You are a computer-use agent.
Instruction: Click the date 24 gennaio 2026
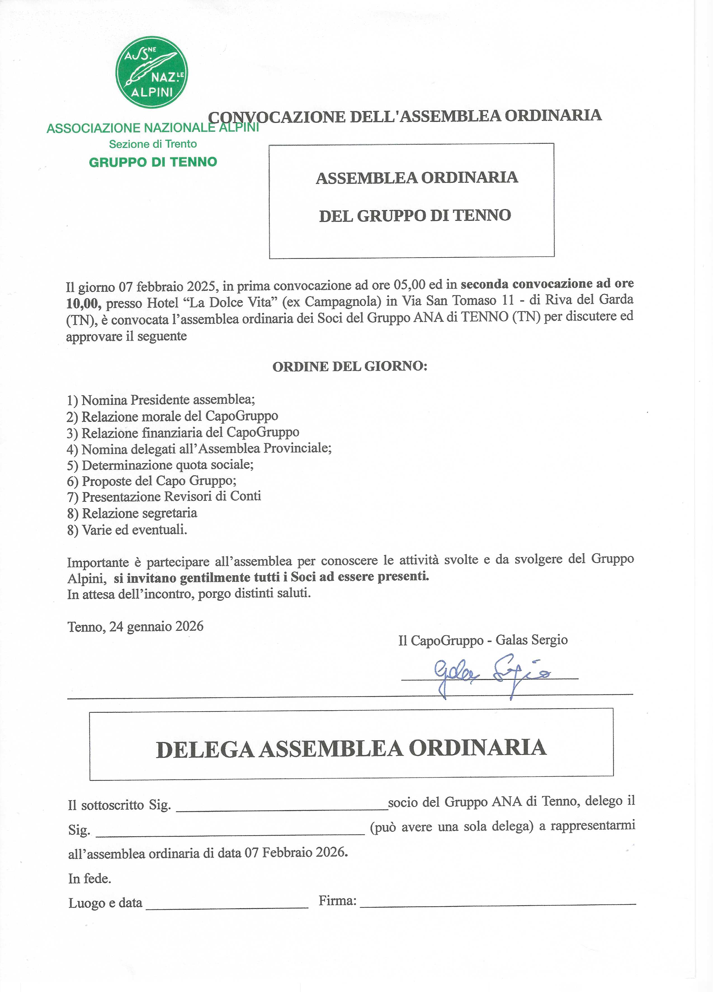click(x=156, y=626)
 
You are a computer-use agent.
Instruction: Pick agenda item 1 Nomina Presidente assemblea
click(x=161, y=400)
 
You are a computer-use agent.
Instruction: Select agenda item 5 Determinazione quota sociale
click(x=160, y=465)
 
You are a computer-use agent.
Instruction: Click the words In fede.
click(x=90, y=878)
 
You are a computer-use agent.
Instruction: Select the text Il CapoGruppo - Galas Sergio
click(x=483, y=640)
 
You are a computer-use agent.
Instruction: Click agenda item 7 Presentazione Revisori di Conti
click(x=164, y=496)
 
